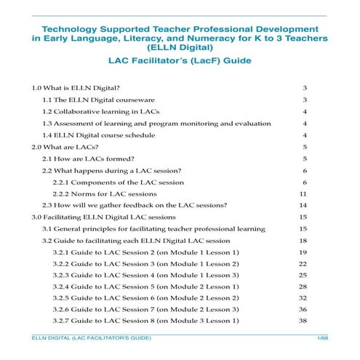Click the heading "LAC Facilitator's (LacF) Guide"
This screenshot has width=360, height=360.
point(179,60)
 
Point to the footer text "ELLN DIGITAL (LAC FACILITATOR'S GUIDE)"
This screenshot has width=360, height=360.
point(87,340)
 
